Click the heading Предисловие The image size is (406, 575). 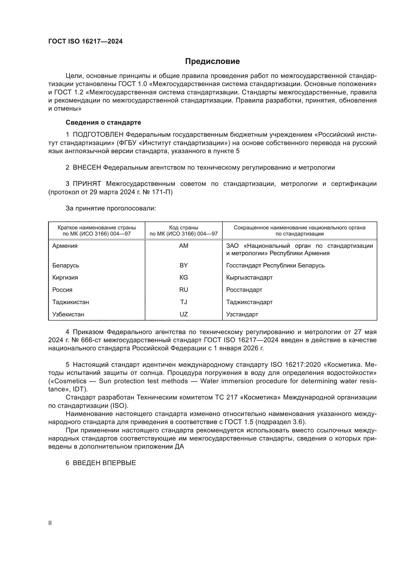pos(212,61)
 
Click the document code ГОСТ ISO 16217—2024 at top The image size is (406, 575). pos(85,42)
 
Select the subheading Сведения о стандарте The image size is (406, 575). pos(103,122)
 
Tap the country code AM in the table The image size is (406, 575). pos(184,246)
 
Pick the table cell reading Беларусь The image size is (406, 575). pos(66,265)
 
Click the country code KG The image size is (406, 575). pos(184,278)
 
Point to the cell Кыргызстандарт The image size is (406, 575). pos(249,278)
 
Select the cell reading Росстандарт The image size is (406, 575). pos(244,290)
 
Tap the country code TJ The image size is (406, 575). pos(184,302)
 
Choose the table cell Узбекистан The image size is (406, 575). pos(68,314)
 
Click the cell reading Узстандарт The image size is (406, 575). pos(242,314)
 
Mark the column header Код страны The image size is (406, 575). pos(184,228)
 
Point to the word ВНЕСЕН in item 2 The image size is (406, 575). pos(87,168)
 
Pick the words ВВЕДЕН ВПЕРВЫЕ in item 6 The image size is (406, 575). pos(104,463)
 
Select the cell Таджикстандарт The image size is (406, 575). pos(249,302)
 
